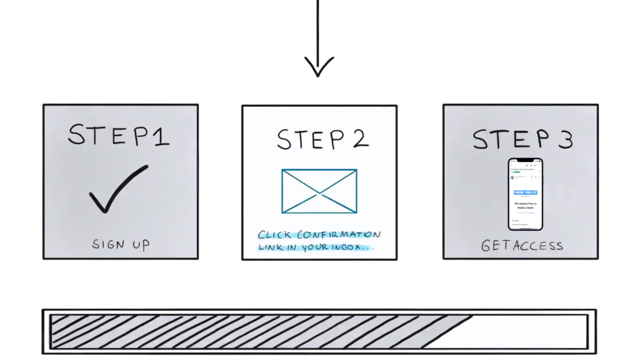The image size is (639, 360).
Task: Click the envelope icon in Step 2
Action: click(x=319, y=191)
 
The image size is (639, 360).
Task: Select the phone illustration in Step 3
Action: click(x=525, y=193)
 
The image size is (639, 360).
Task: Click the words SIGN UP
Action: click(x=121, y=245)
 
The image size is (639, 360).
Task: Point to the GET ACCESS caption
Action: click(x=522, y=246)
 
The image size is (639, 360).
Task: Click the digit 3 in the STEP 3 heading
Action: click(x=565, y=139)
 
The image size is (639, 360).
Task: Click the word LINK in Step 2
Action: click(x=273, y=247)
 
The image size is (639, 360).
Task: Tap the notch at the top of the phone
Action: click(x=525, y=160)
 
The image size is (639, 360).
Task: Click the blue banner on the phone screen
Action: click(x=525, y=193)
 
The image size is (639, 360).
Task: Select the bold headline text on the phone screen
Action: click(x=525, y=205)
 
